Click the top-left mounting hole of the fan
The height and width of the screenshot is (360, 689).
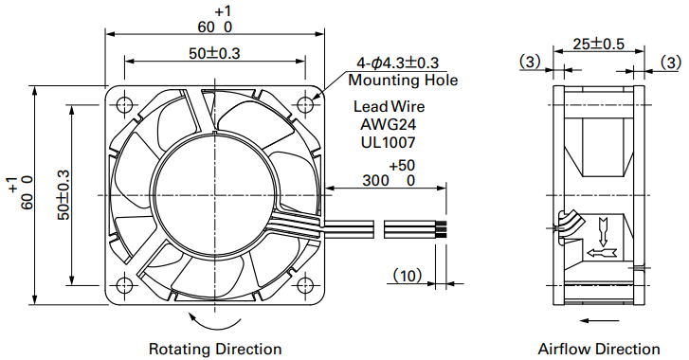(x=125, y=104)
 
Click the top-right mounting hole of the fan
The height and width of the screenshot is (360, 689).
(x=305, y=104)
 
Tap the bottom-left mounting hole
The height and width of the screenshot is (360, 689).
(x=125, y=285)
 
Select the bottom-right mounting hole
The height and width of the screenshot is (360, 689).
(x=305, y=285)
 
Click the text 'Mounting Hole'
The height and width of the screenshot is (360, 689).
(x=403, y=81)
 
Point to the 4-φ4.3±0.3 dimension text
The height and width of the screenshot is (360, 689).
(x=397, y=63)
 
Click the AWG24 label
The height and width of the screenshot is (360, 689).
(x=388, y=124)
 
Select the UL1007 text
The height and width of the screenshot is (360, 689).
(x=388, y=142)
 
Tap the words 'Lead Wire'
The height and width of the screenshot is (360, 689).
(x=389, y=107)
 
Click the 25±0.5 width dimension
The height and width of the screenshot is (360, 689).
(x=598, y=44)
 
